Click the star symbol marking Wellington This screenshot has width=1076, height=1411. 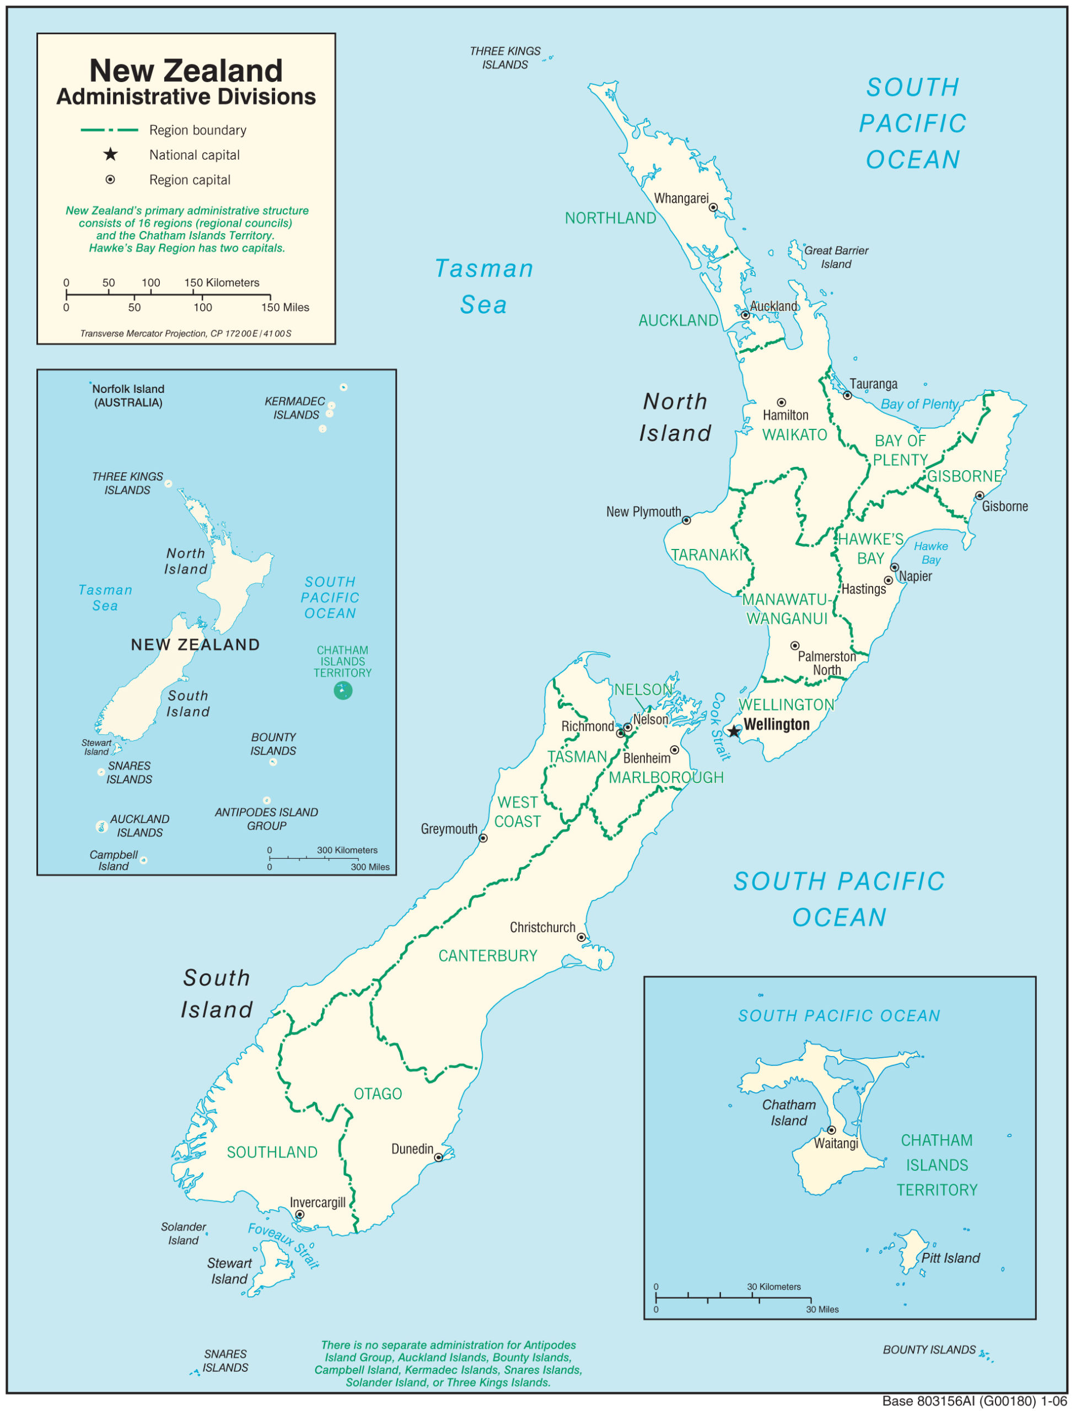point(734,731)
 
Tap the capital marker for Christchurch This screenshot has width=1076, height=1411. point(582,937)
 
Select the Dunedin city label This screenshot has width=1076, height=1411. point(412,1149)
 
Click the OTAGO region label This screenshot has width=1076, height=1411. point(378,1094)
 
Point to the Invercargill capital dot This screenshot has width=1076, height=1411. point(300,1214)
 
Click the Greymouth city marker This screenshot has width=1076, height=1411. point(483,838)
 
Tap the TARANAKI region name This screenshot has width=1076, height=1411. point(707,555)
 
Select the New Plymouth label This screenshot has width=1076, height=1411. point(644,511)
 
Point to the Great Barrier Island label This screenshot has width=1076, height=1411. point(836,257)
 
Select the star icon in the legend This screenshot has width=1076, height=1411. point(111,154)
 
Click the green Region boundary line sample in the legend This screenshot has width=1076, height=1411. point(110,130)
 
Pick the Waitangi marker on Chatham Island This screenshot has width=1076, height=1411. point(831,1130)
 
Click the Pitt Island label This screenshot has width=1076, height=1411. point(950,1258)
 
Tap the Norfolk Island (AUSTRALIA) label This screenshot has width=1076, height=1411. point(128,396)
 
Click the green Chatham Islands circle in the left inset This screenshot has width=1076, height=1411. point(343,691)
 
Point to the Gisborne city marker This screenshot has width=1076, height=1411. point(980,496)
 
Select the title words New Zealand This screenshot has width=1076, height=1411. point(186,71)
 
